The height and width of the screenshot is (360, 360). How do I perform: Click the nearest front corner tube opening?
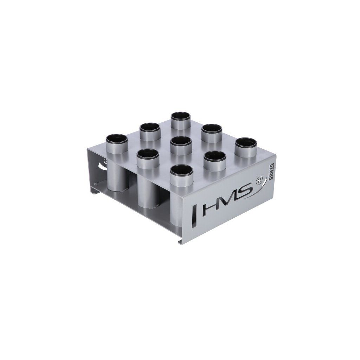(182, 170)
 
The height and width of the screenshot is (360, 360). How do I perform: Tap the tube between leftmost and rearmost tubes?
(150, 128)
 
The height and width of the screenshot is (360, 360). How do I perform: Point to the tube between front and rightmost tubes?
(215, 156)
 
